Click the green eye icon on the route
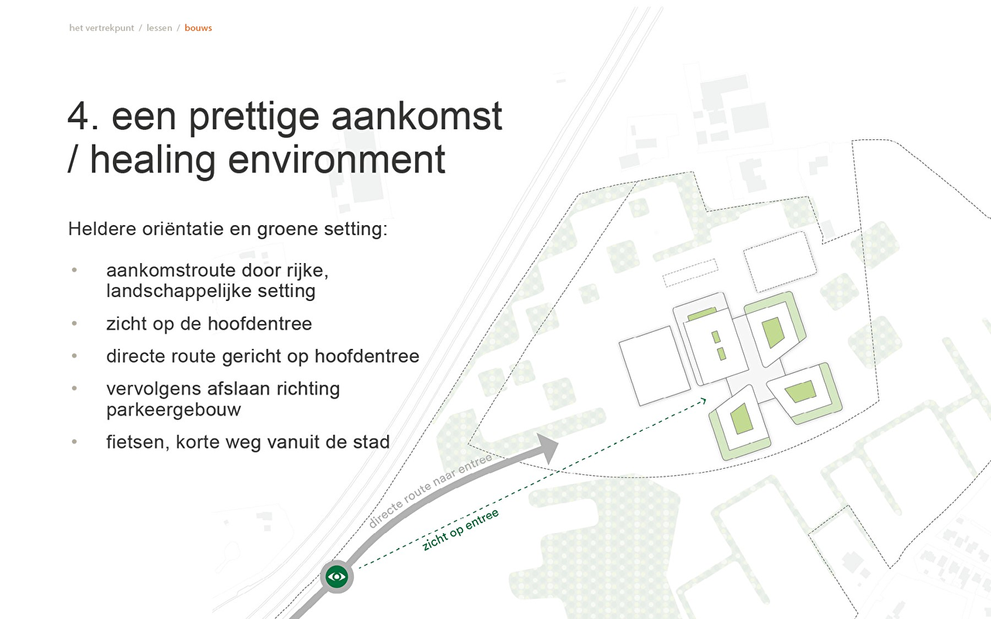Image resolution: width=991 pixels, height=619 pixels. click(337, 576)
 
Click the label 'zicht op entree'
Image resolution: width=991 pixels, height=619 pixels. click(461, 530)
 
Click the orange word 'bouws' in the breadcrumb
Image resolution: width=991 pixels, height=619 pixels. click(198, 28)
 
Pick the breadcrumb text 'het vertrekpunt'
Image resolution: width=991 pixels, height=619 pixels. click(101, 28)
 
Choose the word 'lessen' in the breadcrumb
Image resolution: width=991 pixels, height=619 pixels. click(159, 28)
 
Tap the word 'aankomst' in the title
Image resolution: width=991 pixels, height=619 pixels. click(417, 116)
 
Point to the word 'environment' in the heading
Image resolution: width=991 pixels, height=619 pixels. click(336, 159)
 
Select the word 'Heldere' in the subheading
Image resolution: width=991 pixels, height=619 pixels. click(102, 229)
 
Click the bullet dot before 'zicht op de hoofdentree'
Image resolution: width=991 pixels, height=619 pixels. click(74, 323)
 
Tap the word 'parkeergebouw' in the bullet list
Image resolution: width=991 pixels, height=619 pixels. click(173, 410)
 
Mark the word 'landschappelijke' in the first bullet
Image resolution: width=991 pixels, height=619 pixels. click(179, 292)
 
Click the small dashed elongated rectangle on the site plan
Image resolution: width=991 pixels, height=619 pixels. click(690, 273)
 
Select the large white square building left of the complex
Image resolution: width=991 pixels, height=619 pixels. click(654, 366)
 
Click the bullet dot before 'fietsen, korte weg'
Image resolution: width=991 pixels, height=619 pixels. click(74, 441)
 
